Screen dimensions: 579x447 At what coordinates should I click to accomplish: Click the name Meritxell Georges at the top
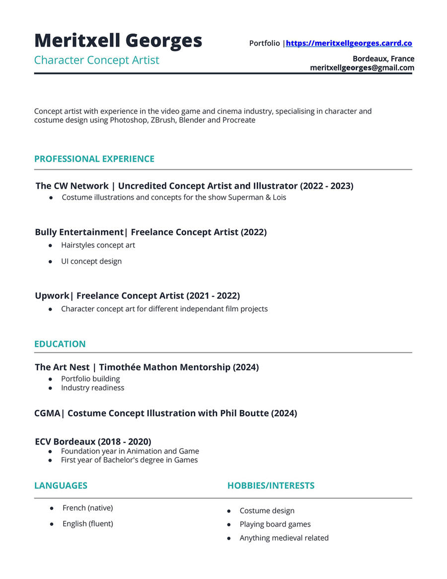(118, 41)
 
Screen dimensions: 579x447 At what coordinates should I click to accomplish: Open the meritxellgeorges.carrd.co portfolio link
(349, 43)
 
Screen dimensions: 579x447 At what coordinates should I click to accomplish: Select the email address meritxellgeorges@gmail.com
(362, 68)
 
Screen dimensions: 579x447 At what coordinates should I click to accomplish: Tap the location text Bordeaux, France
(383, 59)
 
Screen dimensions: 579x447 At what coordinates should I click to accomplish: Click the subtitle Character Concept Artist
(97, 60)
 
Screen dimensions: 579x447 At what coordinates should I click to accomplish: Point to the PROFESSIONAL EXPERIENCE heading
(94, 159)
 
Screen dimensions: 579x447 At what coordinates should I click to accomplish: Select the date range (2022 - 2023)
(326, 186)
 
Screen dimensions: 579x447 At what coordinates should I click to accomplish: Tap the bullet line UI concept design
(91, 261)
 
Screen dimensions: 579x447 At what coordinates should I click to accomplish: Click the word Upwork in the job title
(52, 296)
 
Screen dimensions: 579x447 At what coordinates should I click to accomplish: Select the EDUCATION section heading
(60, 344)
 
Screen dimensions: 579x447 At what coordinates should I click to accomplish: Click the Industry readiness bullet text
(92, 388)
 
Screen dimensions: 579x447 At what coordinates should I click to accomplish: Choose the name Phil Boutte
(244, 413)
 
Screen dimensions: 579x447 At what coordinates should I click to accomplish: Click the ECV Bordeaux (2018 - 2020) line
(93, 442)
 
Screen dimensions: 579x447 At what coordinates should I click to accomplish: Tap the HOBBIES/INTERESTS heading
(271, 486)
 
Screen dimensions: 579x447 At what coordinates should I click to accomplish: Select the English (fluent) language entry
(87, 524)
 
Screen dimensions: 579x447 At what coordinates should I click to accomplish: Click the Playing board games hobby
(275, 524)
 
